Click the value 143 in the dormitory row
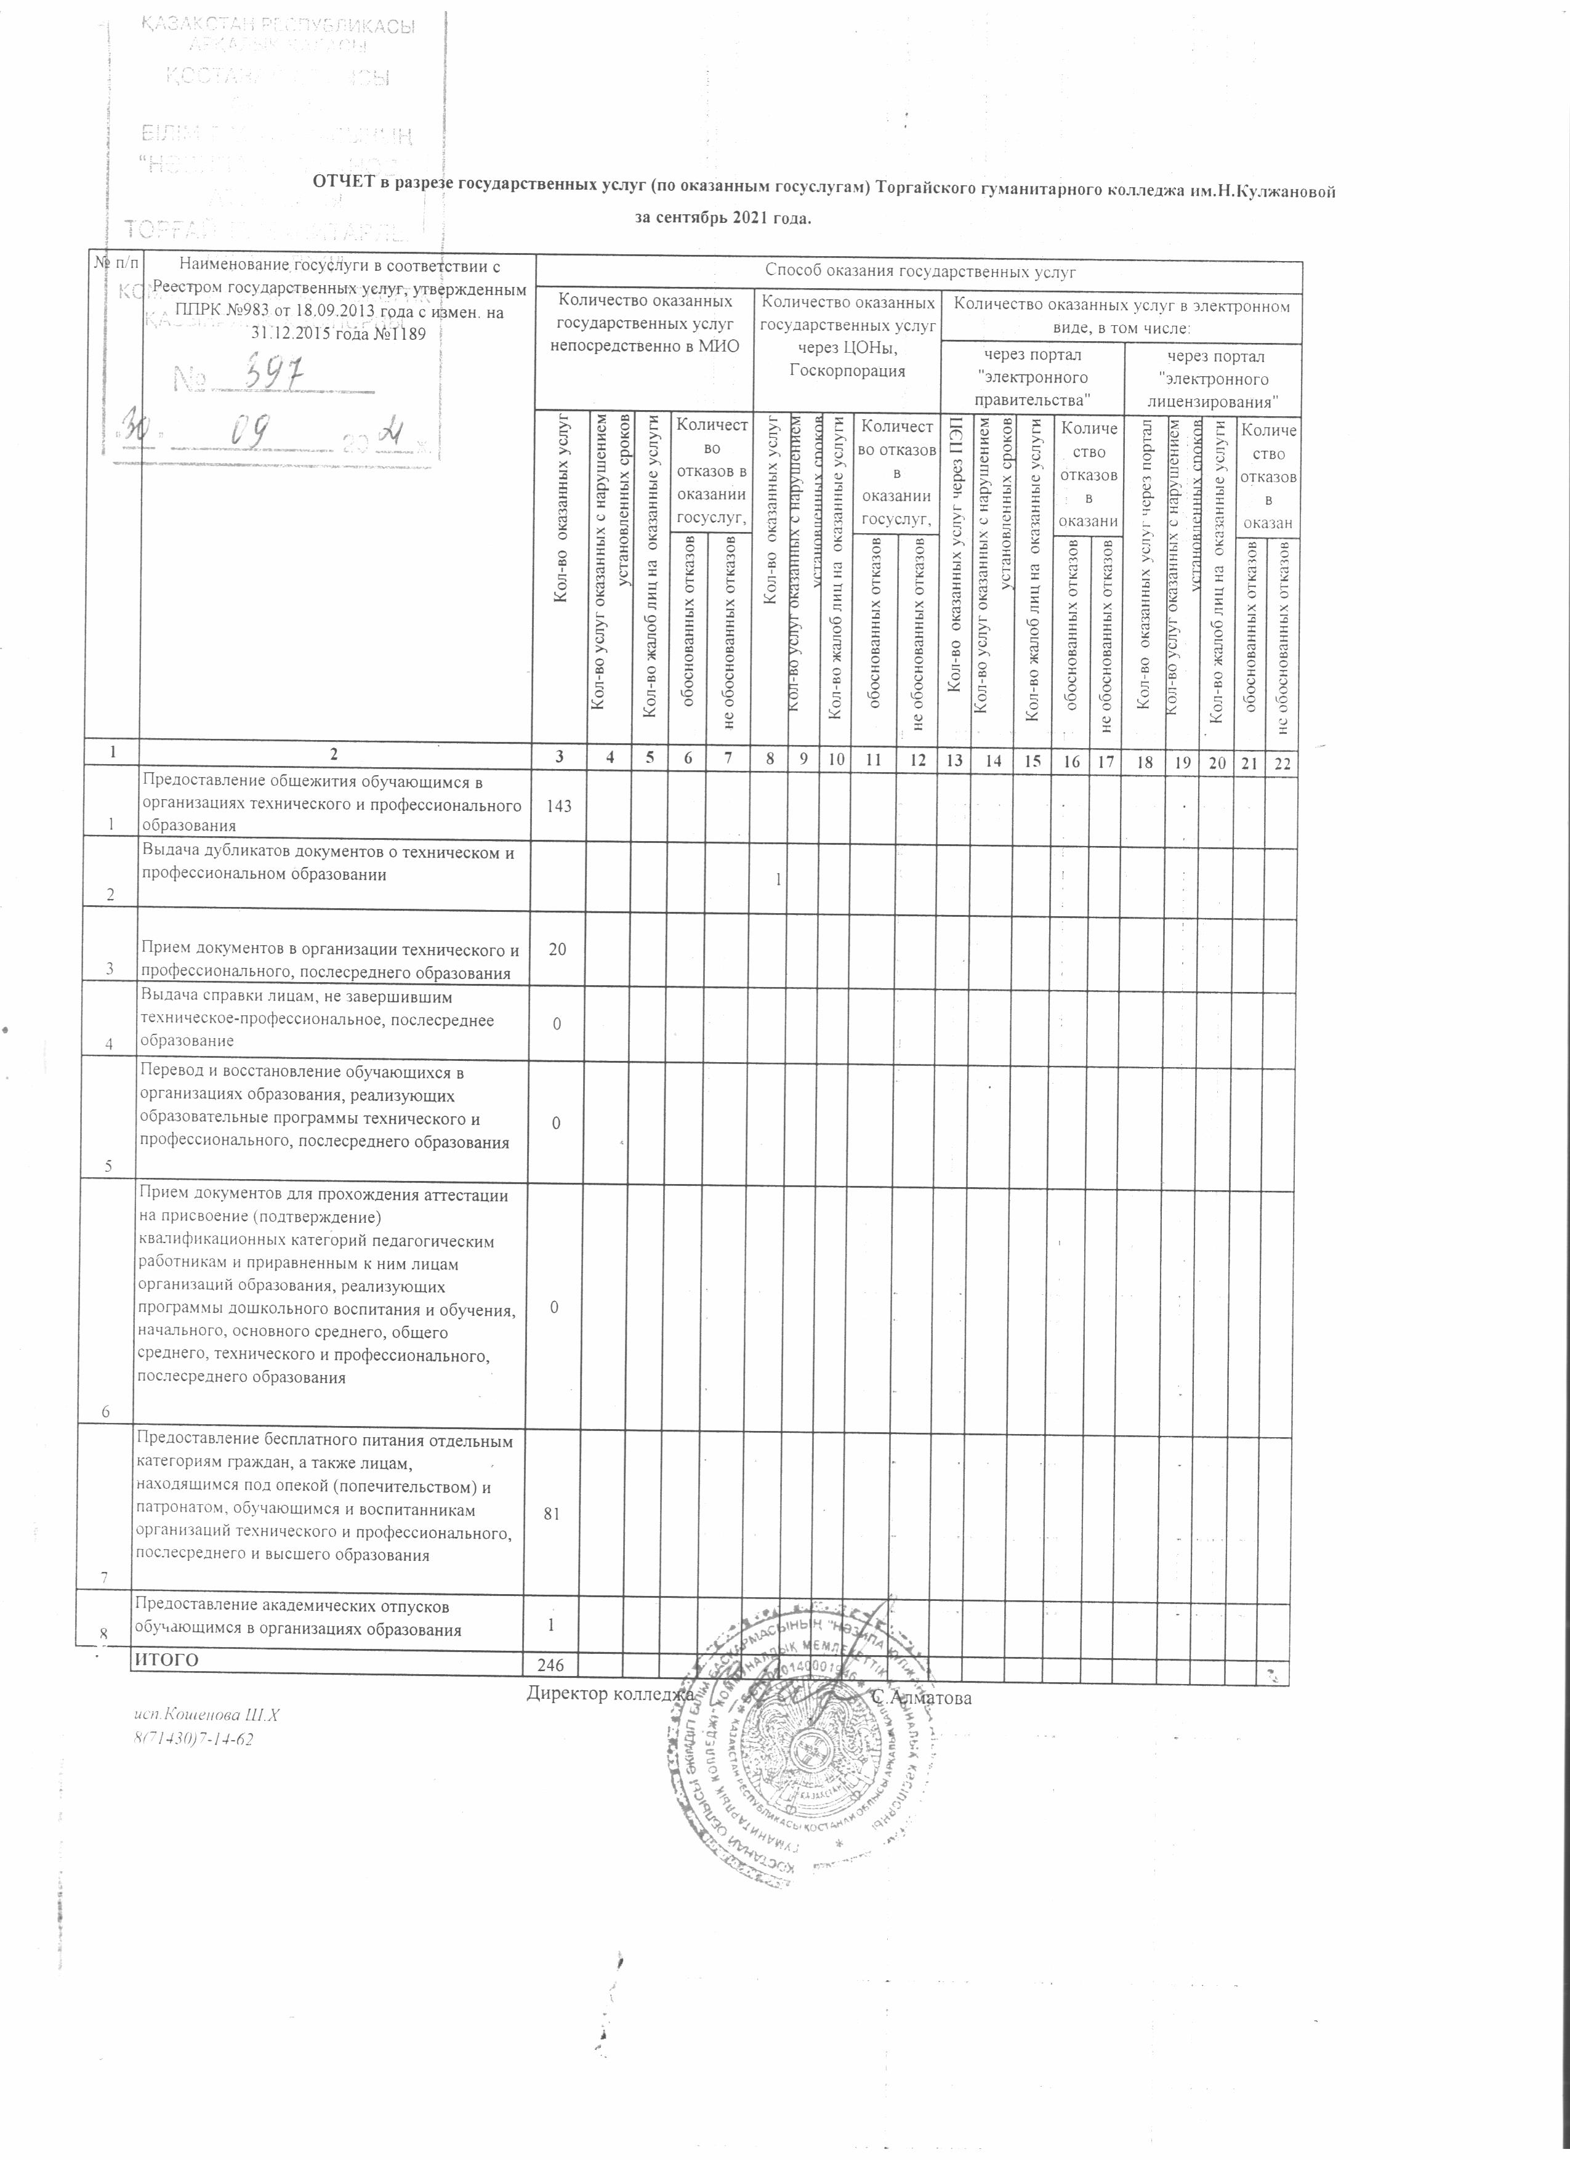pyautogui.click(x=560, y=805)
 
